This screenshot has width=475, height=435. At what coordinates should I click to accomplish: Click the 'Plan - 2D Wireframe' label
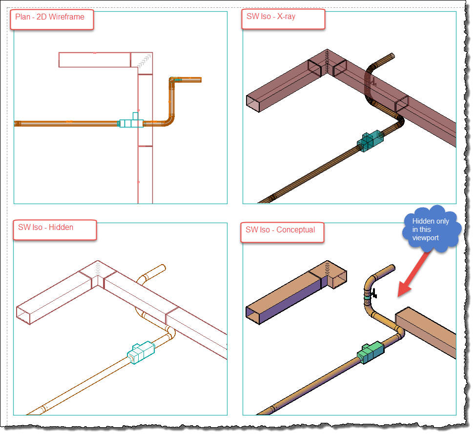pos(50,17)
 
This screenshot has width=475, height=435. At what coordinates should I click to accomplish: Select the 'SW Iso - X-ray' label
pos(271,17)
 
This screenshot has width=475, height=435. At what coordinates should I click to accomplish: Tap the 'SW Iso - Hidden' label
pos(46,227)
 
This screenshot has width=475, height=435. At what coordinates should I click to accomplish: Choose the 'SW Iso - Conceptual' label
pos(280,229)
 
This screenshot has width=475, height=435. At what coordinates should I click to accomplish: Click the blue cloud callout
pos(432,229)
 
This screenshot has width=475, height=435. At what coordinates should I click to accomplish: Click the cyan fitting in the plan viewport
pos(132,122)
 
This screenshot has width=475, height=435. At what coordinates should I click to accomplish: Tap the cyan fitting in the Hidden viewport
pos(141,352)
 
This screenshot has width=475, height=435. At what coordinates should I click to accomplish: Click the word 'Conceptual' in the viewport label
pos(296,229)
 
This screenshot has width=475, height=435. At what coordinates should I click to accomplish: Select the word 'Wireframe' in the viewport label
pos(66,17)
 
